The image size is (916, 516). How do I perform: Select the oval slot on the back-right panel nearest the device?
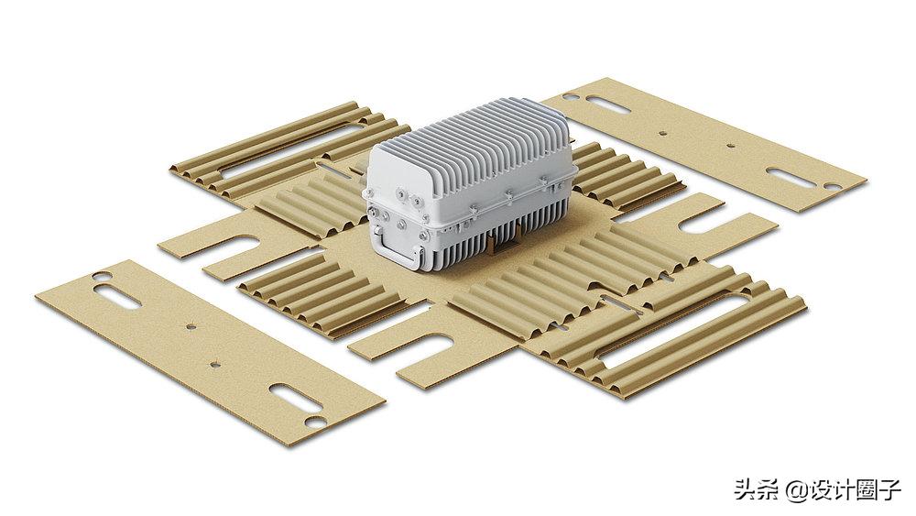click(x=608, y=104)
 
